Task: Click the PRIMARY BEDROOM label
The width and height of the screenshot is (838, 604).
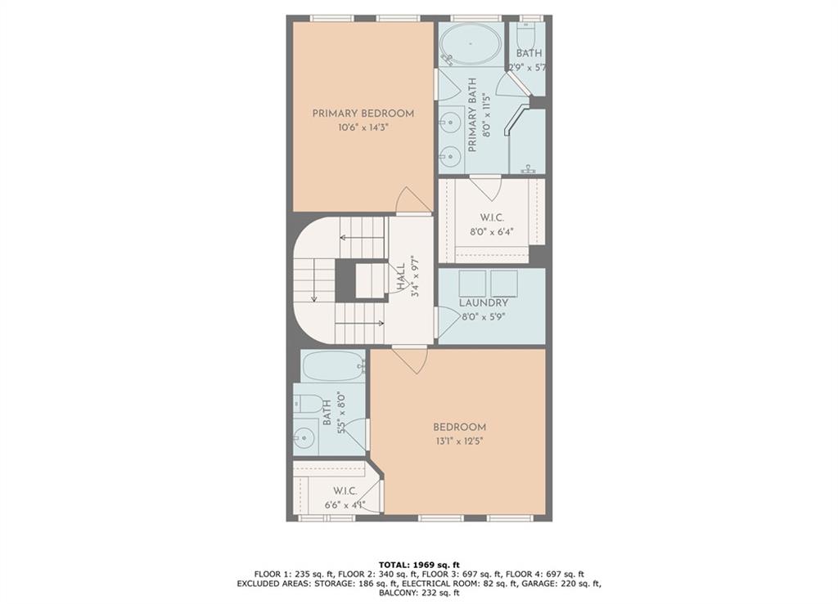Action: (x=363, y=114)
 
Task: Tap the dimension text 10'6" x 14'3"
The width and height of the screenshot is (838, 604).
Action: (x=363, y=128)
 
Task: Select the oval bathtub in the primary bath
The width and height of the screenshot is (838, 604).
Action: (x=471, y=44)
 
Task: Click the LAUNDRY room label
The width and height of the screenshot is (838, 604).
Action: (x=484, y=302)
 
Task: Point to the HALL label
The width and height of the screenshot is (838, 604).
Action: (x=400, y=277)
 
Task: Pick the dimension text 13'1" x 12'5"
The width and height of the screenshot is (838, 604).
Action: (x=459, y=441)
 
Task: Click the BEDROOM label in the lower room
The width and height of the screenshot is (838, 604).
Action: (x=460, y=427)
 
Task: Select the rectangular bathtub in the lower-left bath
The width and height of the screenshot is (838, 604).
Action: (x=332, y=366)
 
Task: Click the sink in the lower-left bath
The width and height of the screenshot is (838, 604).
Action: (x=304, y=438)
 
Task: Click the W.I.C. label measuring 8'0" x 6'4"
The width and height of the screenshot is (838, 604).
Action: (x=492, y=218)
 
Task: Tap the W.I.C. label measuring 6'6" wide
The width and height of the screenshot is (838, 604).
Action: (x=345, y=491)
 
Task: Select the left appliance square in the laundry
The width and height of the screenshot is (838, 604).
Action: (x=472, y=284)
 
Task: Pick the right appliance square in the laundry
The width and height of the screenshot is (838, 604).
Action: (x=504, y=284)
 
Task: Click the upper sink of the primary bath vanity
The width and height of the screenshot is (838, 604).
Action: (x=450, y=122)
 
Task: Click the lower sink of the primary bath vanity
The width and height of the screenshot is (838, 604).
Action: (x=450, y=156)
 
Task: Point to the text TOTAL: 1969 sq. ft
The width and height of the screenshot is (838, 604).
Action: (x=419, y=565)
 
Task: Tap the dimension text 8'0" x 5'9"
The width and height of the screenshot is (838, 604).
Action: (x=484, y=316)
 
